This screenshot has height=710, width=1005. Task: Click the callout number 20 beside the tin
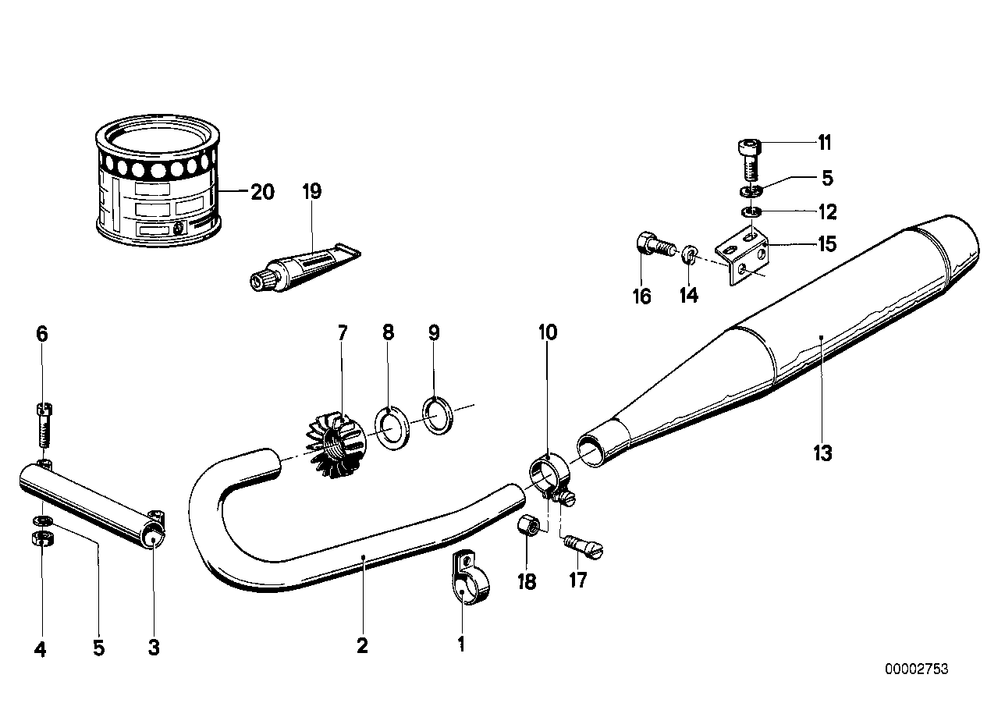[x=262, y=192]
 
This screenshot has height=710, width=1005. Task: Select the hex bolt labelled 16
[x=654, y=247]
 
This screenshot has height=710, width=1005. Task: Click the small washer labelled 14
[x=690, y=254]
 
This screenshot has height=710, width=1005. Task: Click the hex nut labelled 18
[x=527, y=527]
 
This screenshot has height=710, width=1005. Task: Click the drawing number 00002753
[x=916, y=669]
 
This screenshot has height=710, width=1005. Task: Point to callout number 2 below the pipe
[x=362, y=645]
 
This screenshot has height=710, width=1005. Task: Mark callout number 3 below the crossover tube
[x=154, y=647]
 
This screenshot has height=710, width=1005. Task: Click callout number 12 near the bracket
[x=826, y=211]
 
